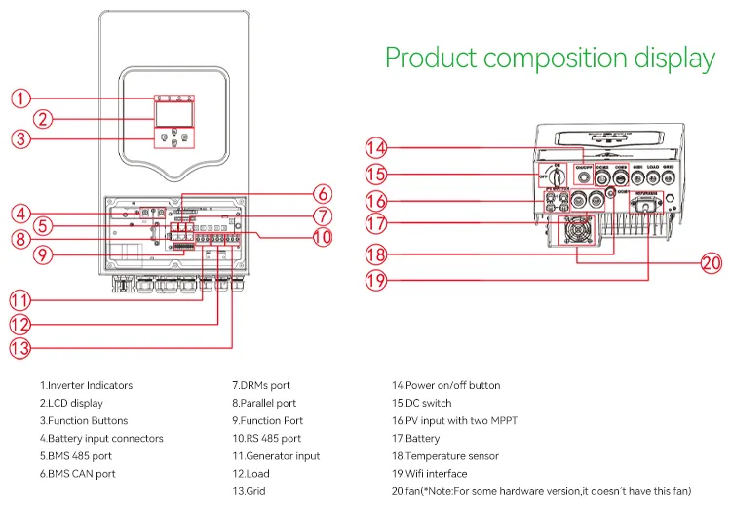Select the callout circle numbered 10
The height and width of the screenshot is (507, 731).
click(x=323, y=235)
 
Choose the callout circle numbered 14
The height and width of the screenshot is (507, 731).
click(x=376, y=149)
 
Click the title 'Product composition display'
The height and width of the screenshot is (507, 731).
click(x=550, y=58)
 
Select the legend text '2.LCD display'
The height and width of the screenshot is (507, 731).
click(x=71, y=403)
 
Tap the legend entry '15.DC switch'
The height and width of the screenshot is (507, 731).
click(x=422, y=403)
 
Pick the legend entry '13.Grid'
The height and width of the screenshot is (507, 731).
click(x=249, y=491)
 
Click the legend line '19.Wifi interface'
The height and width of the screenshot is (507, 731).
click(x=429, y=474)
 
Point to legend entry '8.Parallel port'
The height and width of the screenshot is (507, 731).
click(x=264, y=403)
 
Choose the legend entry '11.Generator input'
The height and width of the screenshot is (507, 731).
click(x=276, y=456)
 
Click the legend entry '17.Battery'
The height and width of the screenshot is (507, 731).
click(x=416, y=439)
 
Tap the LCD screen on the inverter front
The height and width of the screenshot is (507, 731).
click(x=171, y=118)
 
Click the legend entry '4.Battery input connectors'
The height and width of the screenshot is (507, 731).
click(x=101, y=439)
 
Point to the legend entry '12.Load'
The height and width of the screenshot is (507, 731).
click(x=250, y=474)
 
